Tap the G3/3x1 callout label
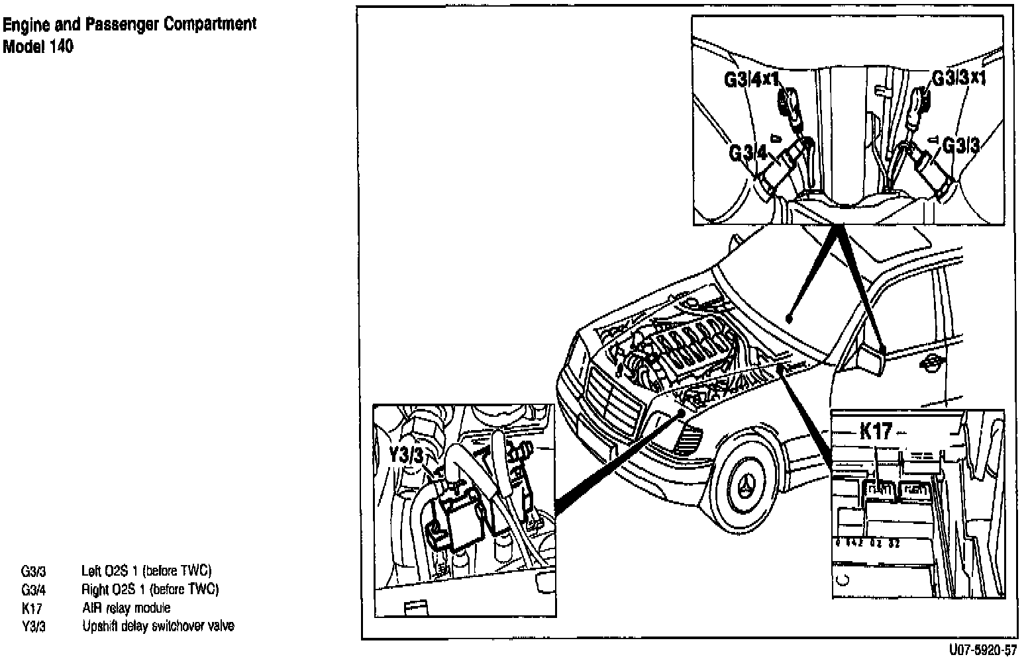(x=959, y=78)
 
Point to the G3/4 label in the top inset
(x=748, y=154)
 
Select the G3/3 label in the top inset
(x=960, y=145)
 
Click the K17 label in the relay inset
(x=876, y=432)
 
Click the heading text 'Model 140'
(x=38, y=47)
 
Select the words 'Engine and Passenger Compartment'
(x=129, y=25)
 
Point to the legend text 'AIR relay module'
(x=126, y=608)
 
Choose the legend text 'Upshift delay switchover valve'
(x=158, y=626)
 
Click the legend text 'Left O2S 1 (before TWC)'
(x=146, y=571)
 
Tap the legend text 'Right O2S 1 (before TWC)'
(x=150, y=590)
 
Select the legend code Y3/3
(x=33, y=627)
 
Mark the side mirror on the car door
(x=872, y=362)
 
